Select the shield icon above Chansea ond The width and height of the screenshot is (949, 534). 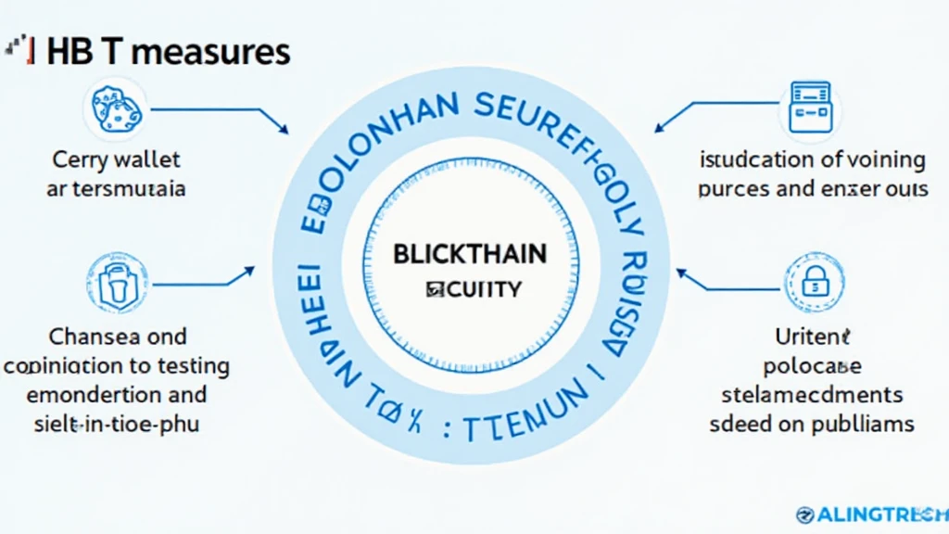point(116,282)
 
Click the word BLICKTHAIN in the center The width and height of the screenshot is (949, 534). point(470,253)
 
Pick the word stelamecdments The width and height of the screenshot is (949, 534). point(813,394)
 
